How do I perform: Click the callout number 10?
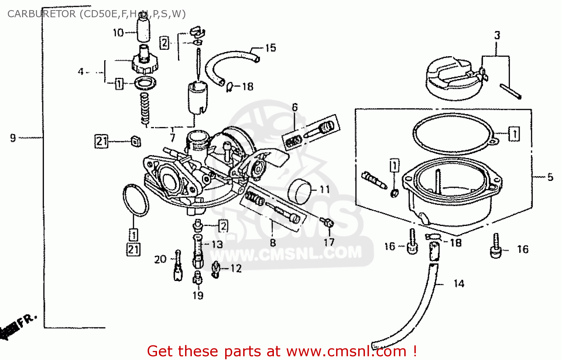point(118,33)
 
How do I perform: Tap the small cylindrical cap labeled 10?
point(143,29)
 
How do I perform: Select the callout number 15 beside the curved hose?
point(271,48)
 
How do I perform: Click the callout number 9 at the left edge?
point(13,138)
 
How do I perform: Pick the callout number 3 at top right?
point(497,36)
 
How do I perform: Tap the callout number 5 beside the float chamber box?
point(550,177)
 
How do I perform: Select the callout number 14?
point(459,284)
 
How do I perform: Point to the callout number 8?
point(273,243)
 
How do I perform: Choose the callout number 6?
point(295,108)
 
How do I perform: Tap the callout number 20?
point(160,259)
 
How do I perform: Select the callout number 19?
point(198,296)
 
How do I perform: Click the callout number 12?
point(236,269)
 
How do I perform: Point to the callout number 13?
point(217,245)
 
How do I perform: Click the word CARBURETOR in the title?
point(41,14)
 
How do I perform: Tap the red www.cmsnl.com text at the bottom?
point(346,351)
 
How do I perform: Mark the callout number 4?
point(81,72)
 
